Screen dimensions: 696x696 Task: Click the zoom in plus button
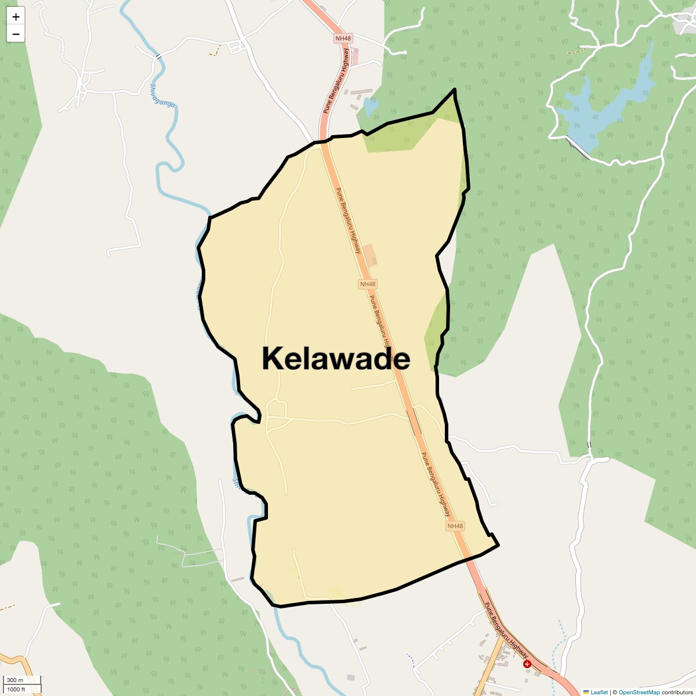pyautogui.click(x=16, y=17)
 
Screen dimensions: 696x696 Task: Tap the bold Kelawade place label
pyautogui.click(x=336, y=358)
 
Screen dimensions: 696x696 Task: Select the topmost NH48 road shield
pyautogui.click(x=343, y=38)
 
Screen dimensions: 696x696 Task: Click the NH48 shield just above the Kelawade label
pyautogui.click(x=368, y=284)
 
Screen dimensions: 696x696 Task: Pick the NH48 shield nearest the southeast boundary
pyautogui.click(x=455, y=526)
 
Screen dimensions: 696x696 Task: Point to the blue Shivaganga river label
pyautogui.click(x=162, y=96)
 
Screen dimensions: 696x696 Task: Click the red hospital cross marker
pyautogui.click(x=527, y=664)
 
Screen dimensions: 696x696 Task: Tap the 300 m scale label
pyautogui.click(x=16, y=680)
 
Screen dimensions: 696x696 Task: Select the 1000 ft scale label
pyautogui.click(x=17, y=690)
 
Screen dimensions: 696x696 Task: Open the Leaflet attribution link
pyautogui.click(x=599, y=692)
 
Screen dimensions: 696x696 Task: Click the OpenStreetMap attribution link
pyautogui.click(x=639, y=692)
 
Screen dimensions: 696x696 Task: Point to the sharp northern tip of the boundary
pyautogui.click(x=455, y=89)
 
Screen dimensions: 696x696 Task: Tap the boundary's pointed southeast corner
pyautogui.click(x=498, y=545)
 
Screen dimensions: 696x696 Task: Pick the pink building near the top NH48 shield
pyautogui.click(x=355, y=56)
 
